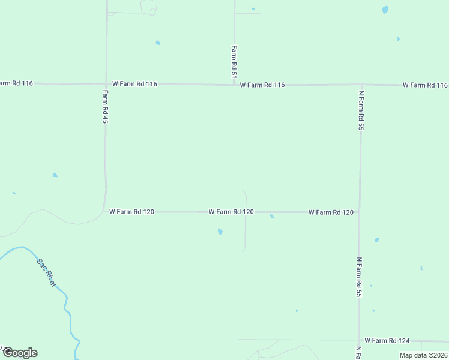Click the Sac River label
pos(46,272)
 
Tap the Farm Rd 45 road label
pos(105,107)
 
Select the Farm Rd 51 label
pos(234,62)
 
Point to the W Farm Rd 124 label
pos(387,340)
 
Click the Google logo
pos(19,353)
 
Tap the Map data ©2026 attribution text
pos(423,355)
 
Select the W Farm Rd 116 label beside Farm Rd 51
pos(262,85)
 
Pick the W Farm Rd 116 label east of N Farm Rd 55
pos(425,85)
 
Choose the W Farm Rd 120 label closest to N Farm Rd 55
pos(331,212)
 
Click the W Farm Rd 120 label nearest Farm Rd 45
pos(132,212)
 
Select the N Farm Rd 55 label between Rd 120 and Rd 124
pos(359,277)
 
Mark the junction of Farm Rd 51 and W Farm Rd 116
pos(234,85)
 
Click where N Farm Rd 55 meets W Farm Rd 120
pos(360,212)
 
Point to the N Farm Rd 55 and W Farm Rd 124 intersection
pos(359,340)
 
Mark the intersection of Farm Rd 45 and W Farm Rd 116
pos(106,84)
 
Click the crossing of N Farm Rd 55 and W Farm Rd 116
pos(361,85)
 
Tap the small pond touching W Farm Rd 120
pos(272,217)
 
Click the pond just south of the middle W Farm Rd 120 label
pos(220,231)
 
